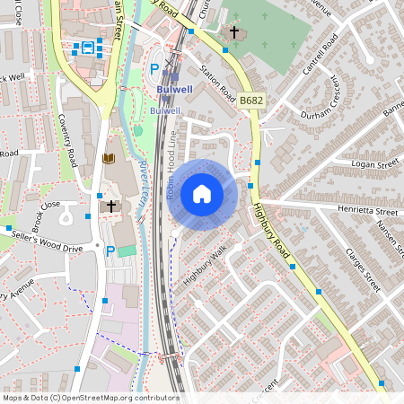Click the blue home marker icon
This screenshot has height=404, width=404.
point(202,194)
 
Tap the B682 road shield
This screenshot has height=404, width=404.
point(250,104)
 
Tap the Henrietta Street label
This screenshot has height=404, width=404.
point(364,212)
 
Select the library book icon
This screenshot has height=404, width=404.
point(110,159)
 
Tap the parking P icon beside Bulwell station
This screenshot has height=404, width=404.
point(154,68)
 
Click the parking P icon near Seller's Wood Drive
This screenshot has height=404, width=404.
point(110,251)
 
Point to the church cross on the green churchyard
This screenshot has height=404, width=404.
point(235,33)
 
